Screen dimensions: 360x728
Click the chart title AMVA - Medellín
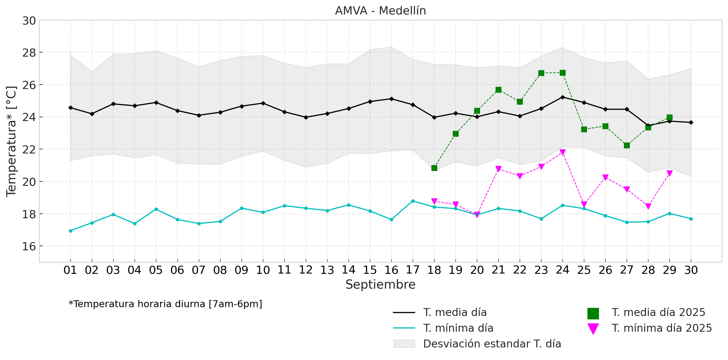380,11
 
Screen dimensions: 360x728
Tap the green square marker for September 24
563,73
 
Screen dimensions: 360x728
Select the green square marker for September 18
434,168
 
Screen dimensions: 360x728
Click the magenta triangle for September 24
563,152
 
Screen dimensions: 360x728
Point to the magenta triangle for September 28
648,206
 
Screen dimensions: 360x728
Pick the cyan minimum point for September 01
70,231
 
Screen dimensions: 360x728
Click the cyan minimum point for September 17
413,201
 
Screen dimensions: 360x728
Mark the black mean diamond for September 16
391,99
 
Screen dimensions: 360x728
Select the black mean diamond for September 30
691,122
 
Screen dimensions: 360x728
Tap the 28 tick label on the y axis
29,53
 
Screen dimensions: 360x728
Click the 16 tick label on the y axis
29,246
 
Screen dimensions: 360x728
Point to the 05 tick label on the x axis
156,270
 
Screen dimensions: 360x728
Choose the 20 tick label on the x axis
477,270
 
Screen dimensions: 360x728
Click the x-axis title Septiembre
380,285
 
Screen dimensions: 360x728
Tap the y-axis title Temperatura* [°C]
11,141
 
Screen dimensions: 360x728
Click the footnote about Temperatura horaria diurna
165,304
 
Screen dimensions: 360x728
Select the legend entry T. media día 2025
658,313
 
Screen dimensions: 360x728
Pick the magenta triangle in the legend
593,329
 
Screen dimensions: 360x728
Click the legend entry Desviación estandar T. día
492,344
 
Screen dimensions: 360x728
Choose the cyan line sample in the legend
404,328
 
